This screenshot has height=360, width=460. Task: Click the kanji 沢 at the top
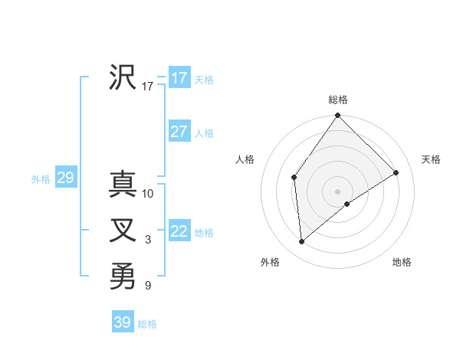123,77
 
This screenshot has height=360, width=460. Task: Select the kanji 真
123,184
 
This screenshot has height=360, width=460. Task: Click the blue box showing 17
179,78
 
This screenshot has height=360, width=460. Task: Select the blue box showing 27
179,132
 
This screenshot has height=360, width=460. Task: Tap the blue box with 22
179,231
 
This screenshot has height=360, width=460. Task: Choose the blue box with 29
65,178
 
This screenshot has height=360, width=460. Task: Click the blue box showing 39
123,322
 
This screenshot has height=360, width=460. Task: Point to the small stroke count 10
148,194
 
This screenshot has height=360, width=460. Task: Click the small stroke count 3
148,241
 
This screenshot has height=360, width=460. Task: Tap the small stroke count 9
148,286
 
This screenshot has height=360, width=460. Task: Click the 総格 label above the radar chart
338,100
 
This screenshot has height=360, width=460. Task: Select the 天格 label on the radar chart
431,159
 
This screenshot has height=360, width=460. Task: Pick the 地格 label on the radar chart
402,262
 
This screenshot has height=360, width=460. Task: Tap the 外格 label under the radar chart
270,262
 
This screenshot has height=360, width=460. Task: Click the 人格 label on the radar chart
245,159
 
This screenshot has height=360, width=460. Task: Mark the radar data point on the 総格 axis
338,116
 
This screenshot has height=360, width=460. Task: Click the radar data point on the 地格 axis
347,204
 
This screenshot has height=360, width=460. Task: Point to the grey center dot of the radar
338,191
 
